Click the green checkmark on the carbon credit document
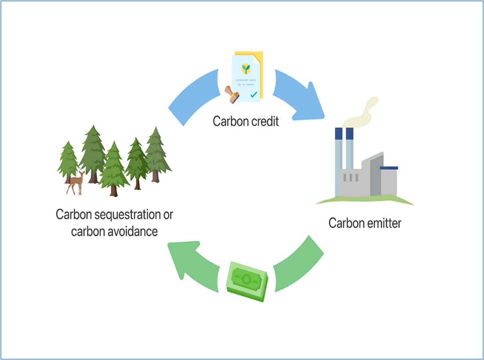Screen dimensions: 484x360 click(254, 95)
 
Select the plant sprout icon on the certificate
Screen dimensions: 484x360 click(246, 69)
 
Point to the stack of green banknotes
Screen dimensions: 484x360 click(247, 281)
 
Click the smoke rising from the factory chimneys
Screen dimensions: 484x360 click(361, 113)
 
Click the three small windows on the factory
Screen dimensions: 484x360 click(351, 178)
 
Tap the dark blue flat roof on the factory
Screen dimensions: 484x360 click(389, 168)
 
